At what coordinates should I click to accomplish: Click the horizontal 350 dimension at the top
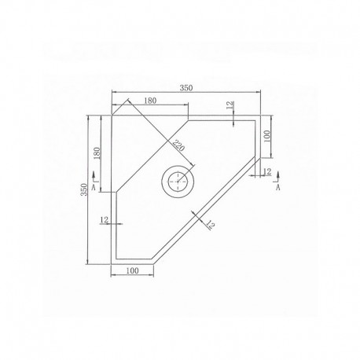tap(186, 88)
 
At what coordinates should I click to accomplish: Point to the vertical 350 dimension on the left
tap(84, 191)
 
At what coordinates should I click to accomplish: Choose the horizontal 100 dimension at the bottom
tap(132, 271)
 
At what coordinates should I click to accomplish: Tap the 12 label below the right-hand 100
tap(267, 171)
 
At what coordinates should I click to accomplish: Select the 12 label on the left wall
tap(104, 221)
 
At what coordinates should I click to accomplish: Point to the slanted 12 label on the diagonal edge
tap(210, 225)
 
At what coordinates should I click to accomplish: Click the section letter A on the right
tap(277, 189)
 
